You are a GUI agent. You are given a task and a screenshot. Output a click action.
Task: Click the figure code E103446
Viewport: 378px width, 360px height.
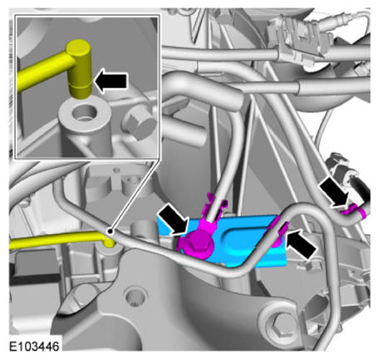[x=34, y=347]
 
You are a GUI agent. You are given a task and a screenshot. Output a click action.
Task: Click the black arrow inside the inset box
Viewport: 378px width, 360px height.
[x=110, y=81]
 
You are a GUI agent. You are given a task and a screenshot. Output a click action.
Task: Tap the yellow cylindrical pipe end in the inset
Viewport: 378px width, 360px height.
[x=79, y=69]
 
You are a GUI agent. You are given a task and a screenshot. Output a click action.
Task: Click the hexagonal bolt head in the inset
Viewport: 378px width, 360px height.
[x=139, y=125]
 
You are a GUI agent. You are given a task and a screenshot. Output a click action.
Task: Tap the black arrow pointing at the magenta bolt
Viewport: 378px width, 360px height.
[x=174, y=219]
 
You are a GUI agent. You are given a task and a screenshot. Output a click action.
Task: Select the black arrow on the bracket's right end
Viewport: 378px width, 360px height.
[x=302, y=244]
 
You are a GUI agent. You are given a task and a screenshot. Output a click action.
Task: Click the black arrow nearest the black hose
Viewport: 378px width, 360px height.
[x=334, y=192]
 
